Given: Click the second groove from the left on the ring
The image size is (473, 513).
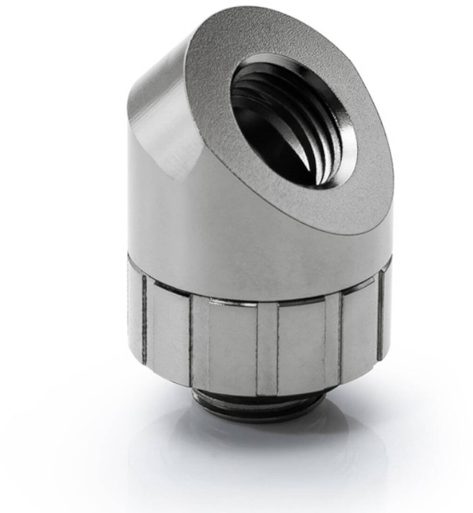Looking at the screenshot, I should pyautogui.click(x=191, y=344).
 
